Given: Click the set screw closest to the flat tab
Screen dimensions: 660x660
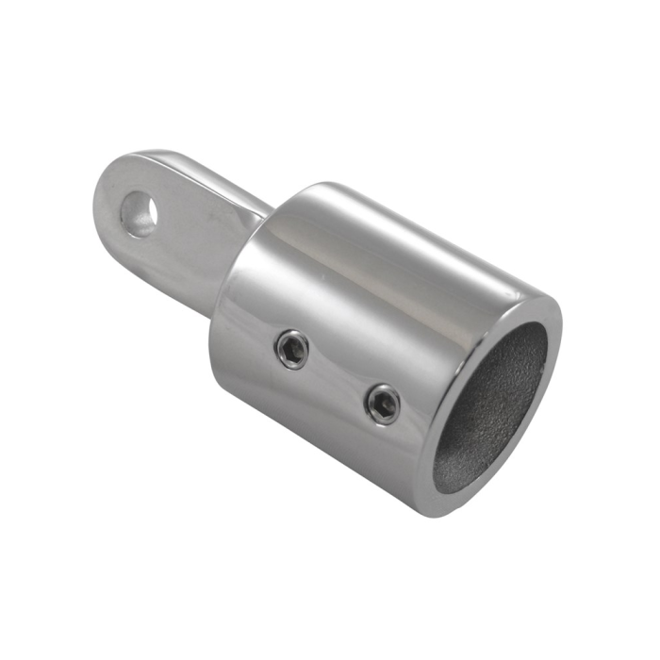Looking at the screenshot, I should (x=292, y=349).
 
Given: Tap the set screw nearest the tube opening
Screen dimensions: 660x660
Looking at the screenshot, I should (x=383, y=404).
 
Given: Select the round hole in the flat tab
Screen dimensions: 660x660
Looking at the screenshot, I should (x=141, y=213).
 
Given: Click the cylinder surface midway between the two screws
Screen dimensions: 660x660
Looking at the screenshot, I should (x=338, y=376).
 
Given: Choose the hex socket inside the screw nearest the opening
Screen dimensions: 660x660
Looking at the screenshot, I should (x=383, y=404).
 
